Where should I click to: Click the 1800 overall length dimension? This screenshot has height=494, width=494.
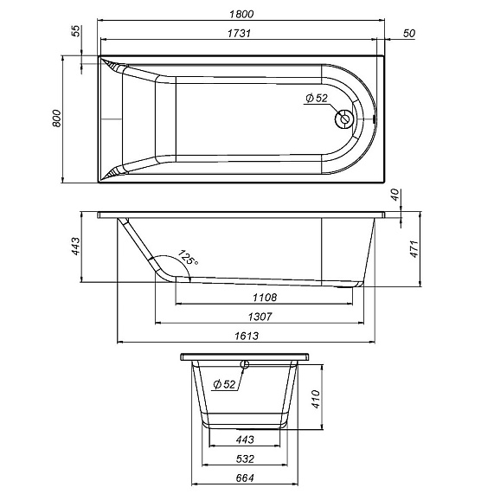(241, 11)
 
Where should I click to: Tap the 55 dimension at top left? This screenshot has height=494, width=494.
(76, 31)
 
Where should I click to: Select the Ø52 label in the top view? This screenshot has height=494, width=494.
(317, 99)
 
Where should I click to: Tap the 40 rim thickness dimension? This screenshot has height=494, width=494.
(395, 196)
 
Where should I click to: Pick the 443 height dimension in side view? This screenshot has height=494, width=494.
(74, 247)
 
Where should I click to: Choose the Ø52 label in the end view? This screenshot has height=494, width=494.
(224, 384)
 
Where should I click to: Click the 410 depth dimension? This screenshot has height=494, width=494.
(317, 398)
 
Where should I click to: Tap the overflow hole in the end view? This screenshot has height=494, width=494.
(246, 364)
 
